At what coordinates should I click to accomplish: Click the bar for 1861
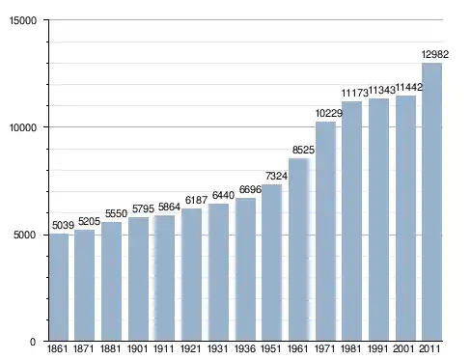[59, 288]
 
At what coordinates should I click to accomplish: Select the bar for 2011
[431, 202]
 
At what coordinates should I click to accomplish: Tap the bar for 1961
[299, 250]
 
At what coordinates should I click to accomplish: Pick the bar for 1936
[245, 269]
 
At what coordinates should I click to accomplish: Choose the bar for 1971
[325, 232]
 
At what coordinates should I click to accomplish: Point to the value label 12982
[435, 54]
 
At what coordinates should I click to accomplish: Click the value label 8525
[303, 150]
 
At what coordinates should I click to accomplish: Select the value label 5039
[63, 225]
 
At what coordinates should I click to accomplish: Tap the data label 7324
[276, 176]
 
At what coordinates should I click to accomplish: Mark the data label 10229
[329, 113]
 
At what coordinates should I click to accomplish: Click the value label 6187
[196, 200]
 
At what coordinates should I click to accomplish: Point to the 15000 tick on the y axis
[23, 20]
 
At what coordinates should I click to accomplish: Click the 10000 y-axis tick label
[23, 127]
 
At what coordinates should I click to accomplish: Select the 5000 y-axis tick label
[25, 235]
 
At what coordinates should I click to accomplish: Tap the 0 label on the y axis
[33, 342]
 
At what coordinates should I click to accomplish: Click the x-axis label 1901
[138, 348]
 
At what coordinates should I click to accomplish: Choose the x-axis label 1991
[378, 348]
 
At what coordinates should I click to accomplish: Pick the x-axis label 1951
[271, 348]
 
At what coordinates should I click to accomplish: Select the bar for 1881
[111, 282]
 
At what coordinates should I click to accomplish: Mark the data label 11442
[408, 87]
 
